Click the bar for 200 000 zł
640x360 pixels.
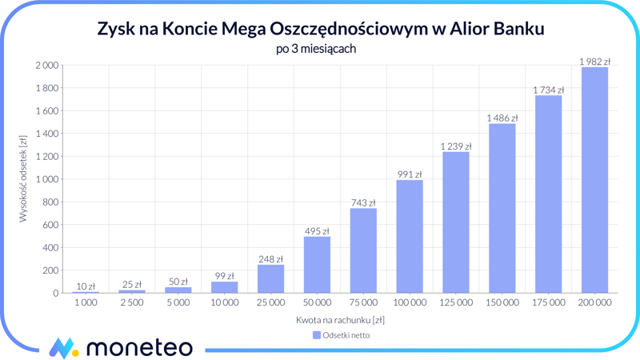point(594,180)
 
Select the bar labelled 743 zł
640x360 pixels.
point(363,250)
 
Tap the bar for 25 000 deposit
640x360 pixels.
point(270,278)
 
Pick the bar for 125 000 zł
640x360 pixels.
point(456,222)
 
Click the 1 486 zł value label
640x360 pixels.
point(502,118)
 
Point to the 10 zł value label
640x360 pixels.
point(86,286)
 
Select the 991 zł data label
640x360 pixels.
point(410,174)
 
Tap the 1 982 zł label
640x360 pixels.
point(594,62)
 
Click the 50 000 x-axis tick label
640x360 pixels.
point(317,303)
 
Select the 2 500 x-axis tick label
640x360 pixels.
point(132,303)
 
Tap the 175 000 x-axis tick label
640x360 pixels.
point(548,303)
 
